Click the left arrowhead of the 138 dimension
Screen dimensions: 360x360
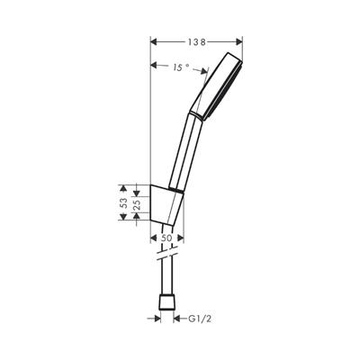coord(153,41)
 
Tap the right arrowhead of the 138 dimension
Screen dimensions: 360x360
coord(239,41)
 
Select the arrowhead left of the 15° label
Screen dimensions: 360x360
coord(153,66)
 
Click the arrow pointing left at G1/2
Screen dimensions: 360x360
coord(176,318)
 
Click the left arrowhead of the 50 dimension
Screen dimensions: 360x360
coord(150,238)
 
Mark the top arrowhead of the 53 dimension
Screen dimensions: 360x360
coord(134,186)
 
